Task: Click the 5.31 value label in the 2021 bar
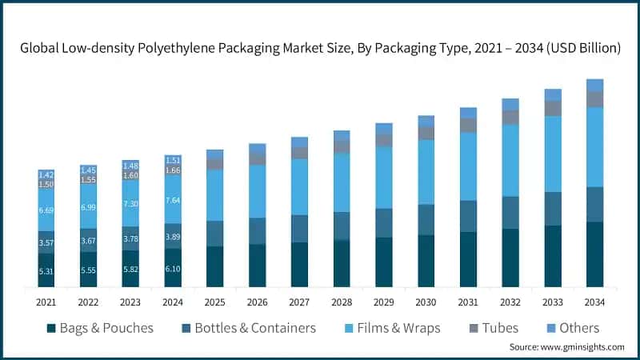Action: pyautogui.click(x=46, y=271)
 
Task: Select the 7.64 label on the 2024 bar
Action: pyautogui.click(x=173, y=200)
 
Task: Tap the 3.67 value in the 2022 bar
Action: pyautogui.click(x=89, y=242)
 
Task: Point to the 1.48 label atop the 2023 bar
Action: pyautogui.click(x=130, y=166)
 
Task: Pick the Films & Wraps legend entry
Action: pyautogui.click(x=392, y=328)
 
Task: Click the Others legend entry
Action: pyautogui.click(x=572, y=328)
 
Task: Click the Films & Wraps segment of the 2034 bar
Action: pyautogui.click(x=594, y=146)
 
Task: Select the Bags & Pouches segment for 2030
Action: pyautogui.click(x=426, y=261)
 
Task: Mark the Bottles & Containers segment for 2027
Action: pyautogui.click(x=299, y=229)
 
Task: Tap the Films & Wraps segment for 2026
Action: pyautogui.click(x=257, y=191)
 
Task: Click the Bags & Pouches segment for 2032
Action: pyautogui.click(x=510, y=258)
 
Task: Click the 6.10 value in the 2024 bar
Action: pyautogui.click(x=173, y=270)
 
